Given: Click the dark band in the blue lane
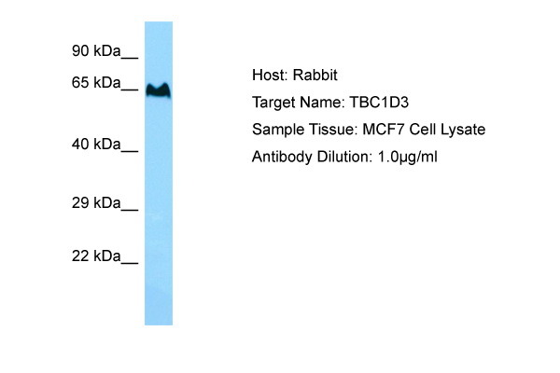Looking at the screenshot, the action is (x=159, y=90).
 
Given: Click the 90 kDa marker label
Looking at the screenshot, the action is (x=96, y=51).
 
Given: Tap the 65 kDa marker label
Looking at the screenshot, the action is (x=96, y=83).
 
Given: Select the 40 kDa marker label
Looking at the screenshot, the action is (x=96, y=145).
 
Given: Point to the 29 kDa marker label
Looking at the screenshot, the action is (x=96, y=203).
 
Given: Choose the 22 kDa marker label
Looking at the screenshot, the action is (x=96, y=256).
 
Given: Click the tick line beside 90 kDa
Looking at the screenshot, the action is (x=130, y=58).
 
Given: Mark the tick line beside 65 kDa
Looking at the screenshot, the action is (x=130, y=90).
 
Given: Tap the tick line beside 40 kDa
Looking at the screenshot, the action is (x=130, y=151).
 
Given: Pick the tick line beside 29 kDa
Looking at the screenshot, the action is (x=130, y=210).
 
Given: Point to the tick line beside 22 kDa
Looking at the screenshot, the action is (x=130, y=263).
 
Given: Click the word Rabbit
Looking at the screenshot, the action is (x=315, y=75).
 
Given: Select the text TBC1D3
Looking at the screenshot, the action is (x=379, y=103).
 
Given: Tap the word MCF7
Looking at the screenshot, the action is (x=384, y=130).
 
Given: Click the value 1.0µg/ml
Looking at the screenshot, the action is (x=408, y=157).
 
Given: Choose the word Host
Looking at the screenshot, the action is (x=270, y=75).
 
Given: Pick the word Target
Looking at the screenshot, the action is (x=273, y=103).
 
